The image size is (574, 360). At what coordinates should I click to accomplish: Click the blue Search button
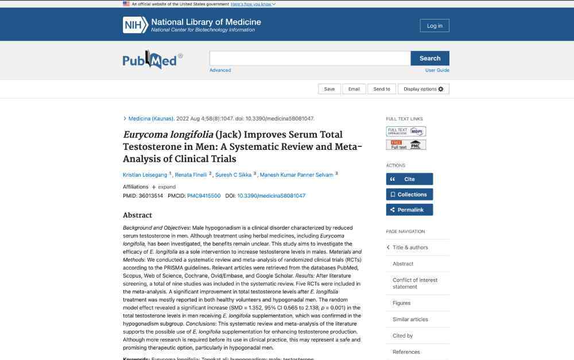click(430, 58)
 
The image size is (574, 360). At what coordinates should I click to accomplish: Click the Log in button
click(435, 25)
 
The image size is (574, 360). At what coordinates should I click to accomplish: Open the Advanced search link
click(220, 70)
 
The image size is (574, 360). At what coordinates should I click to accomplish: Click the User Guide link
click(437, 70)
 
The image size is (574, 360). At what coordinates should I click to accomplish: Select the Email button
click(354, 89)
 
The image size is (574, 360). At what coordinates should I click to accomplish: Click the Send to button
click(382, 89)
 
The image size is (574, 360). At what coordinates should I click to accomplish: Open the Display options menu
click(423, 89)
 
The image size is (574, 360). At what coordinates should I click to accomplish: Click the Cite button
click(409, 179)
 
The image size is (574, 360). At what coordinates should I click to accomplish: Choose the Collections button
click(409, 194)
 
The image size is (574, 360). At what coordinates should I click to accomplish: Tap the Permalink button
click(409, 210)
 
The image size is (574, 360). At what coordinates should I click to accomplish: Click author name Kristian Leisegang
click(145, 175)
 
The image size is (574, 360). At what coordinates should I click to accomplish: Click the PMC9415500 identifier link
click(204, 196)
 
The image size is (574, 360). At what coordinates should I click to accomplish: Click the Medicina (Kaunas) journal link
click(151, 119)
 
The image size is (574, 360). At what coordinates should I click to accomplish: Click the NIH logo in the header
click(135, 25)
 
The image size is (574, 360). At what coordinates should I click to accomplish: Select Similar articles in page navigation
click(410, 319)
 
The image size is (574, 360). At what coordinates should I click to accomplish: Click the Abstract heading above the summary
click(137, 215)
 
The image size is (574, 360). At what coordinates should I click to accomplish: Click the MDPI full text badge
click(406, 131)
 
